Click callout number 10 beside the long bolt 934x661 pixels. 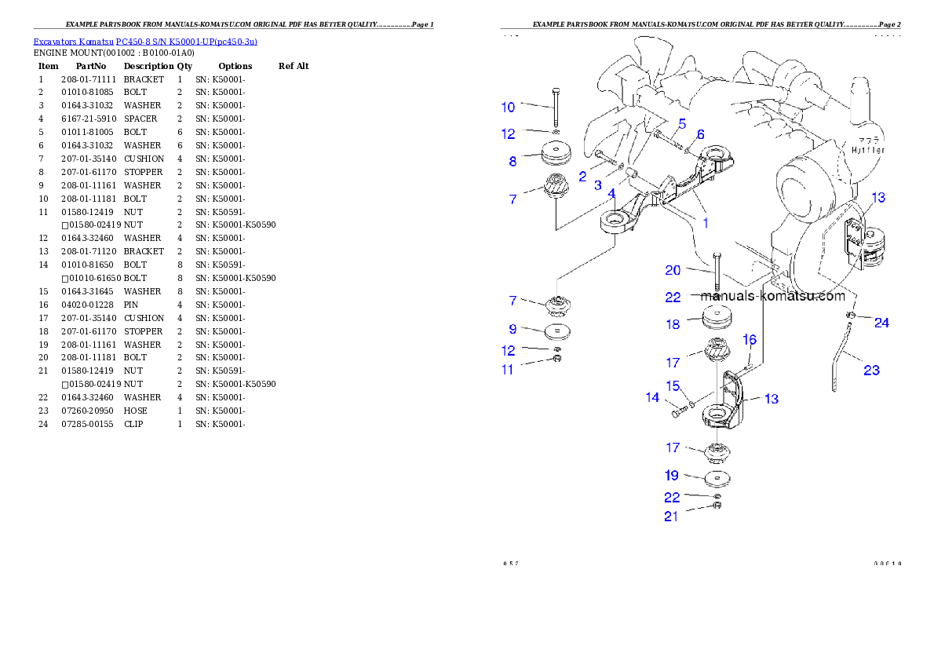click(x=509, y=107)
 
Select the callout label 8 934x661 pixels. click(x=513, y=162)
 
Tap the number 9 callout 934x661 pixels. click(x=513, y=329)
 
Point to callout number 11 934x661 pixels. click(x=508, y=370)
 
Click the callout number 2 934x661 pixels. click(x=582, y=177)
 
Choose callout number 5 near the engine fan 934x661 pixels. click(x=682, y=123)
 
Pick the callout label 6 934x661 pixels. click(x=700, y=134)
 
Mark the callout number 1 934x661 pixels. click(x=706, y=223)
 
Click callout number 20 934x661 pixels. click(x=673, y=270)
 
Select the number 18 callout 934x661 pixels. click(x=673, y=323)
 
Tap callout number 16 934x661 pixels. click(x=750, y=340)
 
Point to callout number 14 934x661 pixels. click(x=652, y=397)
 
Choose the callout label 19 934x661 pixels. click(x=672, y=475)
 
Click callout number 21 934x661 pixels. click(x=672, y=516)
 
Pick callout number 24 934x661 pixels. click(x=881, y=323)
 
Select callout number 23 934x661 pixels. click(x=871, y=371)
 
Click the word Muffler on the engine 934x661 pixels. click(x=869, y=149)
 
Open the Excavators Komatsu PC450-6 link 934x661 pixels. click(x=145, y=41)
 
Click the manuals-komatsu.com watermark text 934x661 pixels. click(x=772, y=296)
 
